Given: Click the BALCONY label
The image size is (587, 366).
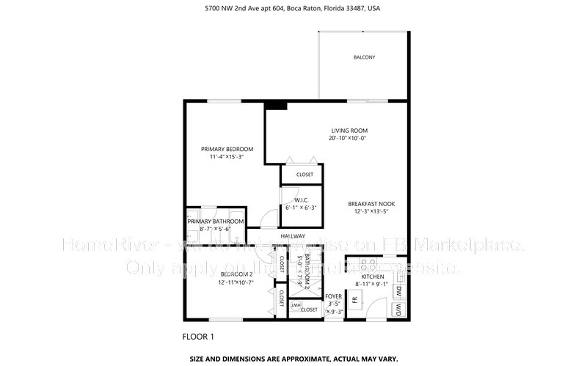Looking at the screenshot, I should [x=364, y=57].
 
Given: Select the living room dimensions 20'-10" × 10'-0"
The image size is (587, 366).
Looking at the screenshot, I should [x=348, y=138].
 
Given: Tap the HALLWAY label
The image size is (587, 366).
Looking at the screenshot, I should [x=293, y=236].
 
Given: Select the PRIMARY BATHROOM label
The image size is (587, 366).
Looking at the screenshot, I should [x=215, y=222].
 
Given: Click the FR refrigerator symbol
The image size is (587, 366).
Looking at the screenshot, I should [x=355, y=300].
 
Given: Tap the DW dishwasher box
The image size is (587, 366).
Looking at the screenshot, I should [x=399, y=290].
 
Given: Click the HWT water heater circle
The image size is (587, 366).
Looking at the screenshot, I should [x=296, y=305].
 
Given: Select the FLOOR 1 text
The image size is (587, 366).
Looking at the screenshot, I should [x=198, y=337].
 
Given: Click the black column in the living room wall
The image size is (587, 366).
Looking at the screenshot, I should [x=276, y=105].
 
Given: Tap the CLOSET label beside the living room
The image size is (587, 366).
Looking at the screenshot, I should [x=305, y=175].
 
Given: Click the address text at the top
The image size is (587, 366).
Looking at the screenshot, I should [x=293, y=9].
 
